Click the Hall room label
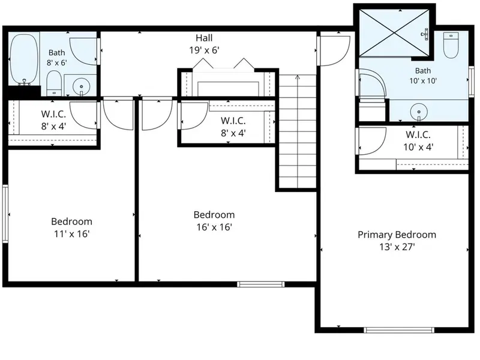pyautogui.click(x=204, y=38)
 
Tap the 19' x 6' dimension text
pyautogui.click(x=204, y=50)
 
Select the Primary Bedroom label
pyautogui.click(x=397, y=235)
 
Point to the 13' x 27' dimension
pyautogui.click(x=397, y=247)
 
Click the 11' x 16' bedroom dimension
pyautogui.click(x=71, y=234)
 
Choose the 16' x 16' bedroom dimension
pyautogui.click(x=214, y=227)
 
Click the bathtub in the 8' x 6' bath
pyautogui.click(x=24, y=59)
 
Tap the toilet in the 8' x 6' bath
pyautogui.click(x=54, y=83)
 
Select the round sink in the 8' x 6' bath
pyautogui.click(x=81, y=86)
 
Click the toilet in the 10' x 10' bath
pyautogui.click(x=451, y=45)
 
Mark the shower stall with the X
pyautogui.click(x=394, y=33)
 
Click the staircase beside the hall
pyautogui.click(x=298, y=131)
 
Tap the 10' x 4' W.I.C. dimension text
pyautogui.click(x=418, y=147)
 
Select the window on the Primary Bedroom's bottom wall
pyautogui.click(x=399, y=330)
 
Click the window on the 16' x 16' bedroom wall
pyautogui.click(x=261, y=284)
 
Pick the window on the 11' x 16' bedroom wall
pyautogui.click(x=5, y=214)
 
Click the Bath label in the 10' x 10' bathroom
pyautogui.click(x=423, y=71)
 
